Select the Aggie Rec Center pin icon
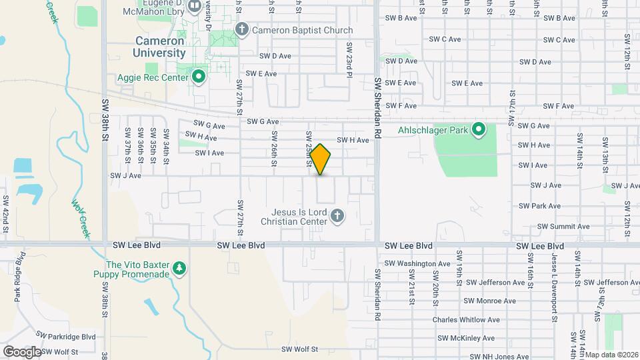[x=198, y=77]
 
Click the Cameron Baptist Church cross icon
[x=241, y=29]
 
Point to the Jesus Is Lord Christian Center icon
[x=337, y=215]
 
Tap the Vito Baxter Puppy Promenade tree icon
[x=179, y=268]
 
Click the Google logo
[x=22, y=351]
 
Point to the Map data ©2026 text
[x=611, y=355]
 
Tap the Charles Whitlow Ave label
[x=464, y=320]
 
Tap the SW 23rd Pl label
[x=349, y=59]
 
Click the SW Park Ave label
[x=545, y=206]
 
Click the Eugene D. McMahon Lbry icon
[x=195, y=7]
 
